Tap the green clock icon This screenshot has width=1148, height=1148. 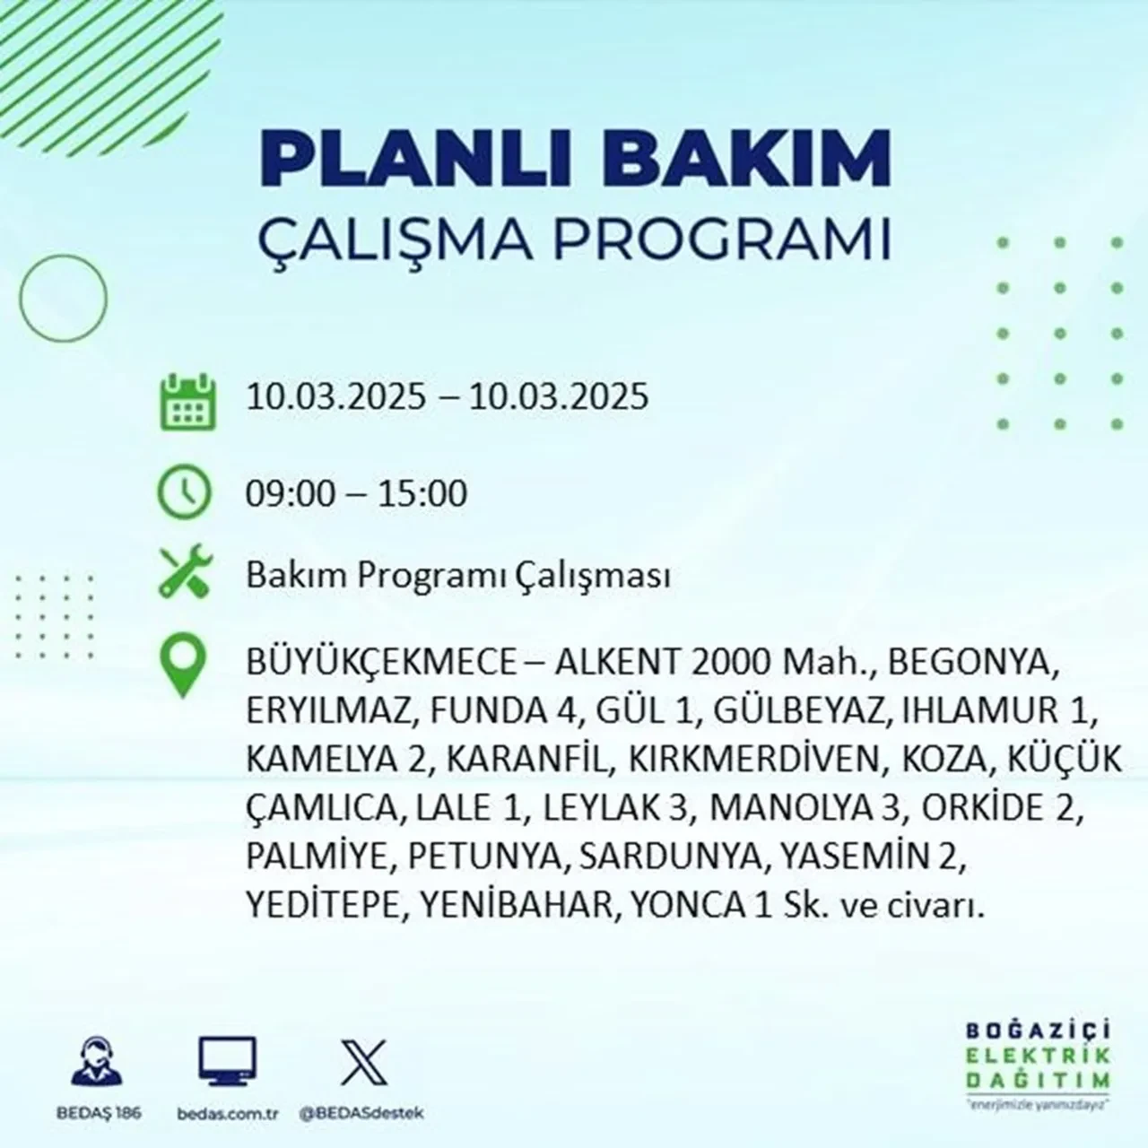tap(184, 492)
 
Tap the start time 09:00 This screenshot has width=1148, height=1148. tap(290, 494)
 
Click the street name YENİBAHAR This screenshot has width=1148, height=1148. tap(513, 905)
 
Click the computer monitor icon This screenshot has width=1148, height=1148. tap(227, 1062)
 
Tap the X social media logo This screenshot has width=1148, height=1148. tap(363, 1062)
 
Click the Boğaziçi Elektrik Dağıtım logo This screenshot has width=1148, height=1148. tap(1044, 1062)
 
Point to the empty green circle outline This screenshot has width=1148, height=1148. tap(63, 297)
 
